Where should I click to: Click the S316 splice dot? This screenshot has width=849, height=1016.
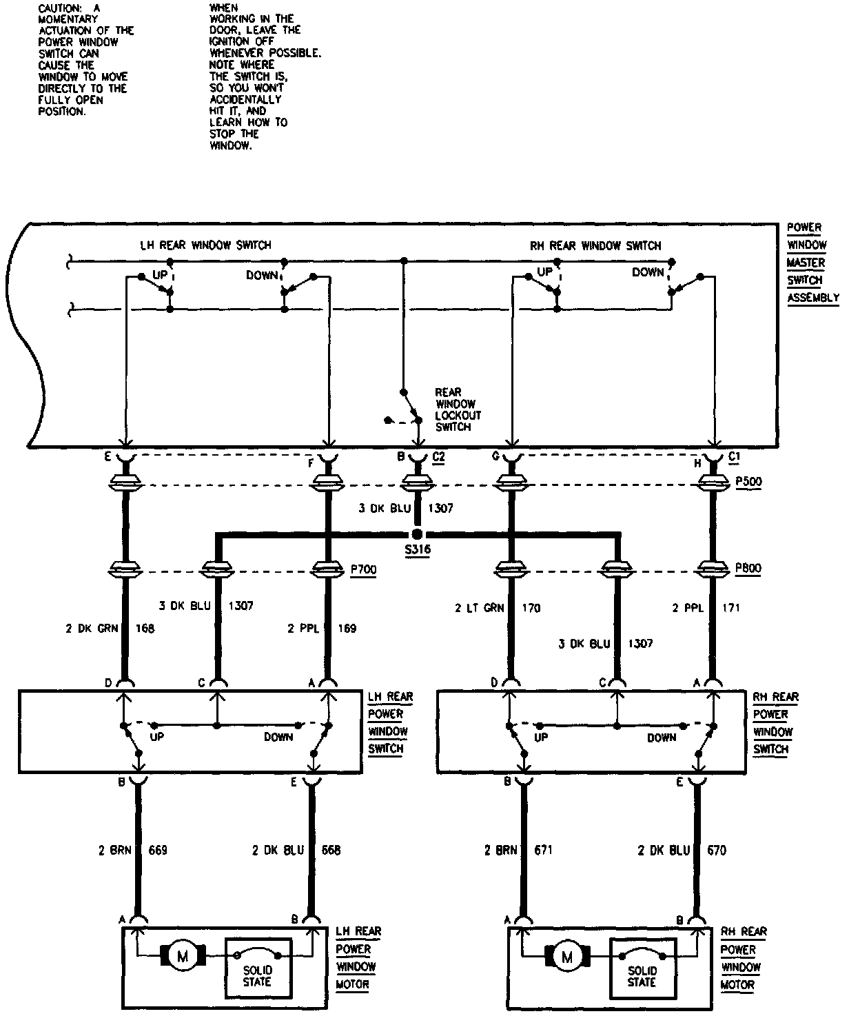click(x=417, y=534)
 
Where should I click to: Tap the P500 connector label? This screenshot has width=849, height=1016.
click(x=748, y=482)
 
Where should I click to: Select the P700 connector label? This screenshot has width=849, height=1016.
click(x=363, y=570)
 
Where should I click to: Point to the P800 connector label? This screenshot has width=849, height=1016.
click(x=748, y=569)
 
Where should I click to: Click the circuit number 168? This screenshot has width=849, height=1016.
click(x=145, y=628)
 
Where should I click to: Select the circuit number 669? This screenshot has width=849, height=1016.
click(x=158, y=850)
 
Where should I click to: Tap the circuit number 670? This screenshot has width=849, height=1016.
click(x=717, y=851)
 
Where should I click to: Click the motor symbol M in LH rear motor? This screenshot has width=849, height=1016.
click(x=183, y=956)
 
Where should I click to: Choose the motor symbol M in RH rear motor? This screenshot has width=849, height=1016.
click(x=567, y=957)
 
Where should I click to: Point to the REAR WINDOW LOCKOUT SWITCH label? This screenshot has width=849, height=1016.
click(x=458, y=409)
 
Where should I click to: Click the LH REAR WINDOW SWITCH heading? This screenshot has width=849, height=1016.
click(x=205, y=245)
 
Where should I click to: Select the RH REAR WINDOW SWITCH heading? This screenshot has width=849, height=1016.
click(x=595, y=245)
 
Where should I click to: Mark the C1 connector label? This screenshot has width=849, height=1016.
click(x=736, y=456)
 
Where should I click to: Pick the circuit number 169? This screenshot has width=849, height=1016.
click(x=348, y=628)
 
